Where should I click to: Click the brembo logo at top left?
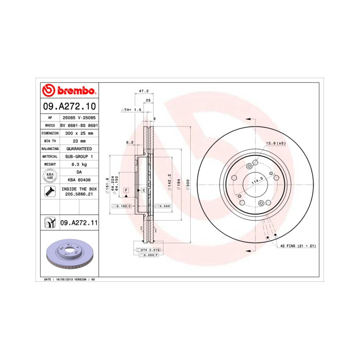68,91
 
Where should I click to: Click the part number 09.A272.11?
79,223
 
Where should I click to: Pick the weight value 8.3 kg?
79,164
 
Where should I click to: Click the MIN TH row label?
50,140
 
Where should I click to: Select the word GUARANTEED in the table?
79,148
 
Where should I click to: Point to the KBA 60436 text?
79,180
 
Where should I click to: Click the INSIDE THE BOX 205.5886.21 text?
79,192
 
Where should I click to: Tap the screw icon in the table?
50,192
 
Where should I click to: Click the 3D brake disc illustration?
69,255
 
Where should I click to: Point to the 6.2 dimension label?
130,142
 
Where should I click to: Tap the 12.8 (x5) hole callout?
276,143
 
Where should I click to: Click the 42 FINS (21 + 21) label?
298,246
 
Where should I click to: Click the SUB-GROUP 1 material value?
79,156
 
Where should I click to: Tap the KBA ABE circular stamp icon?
50,176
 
